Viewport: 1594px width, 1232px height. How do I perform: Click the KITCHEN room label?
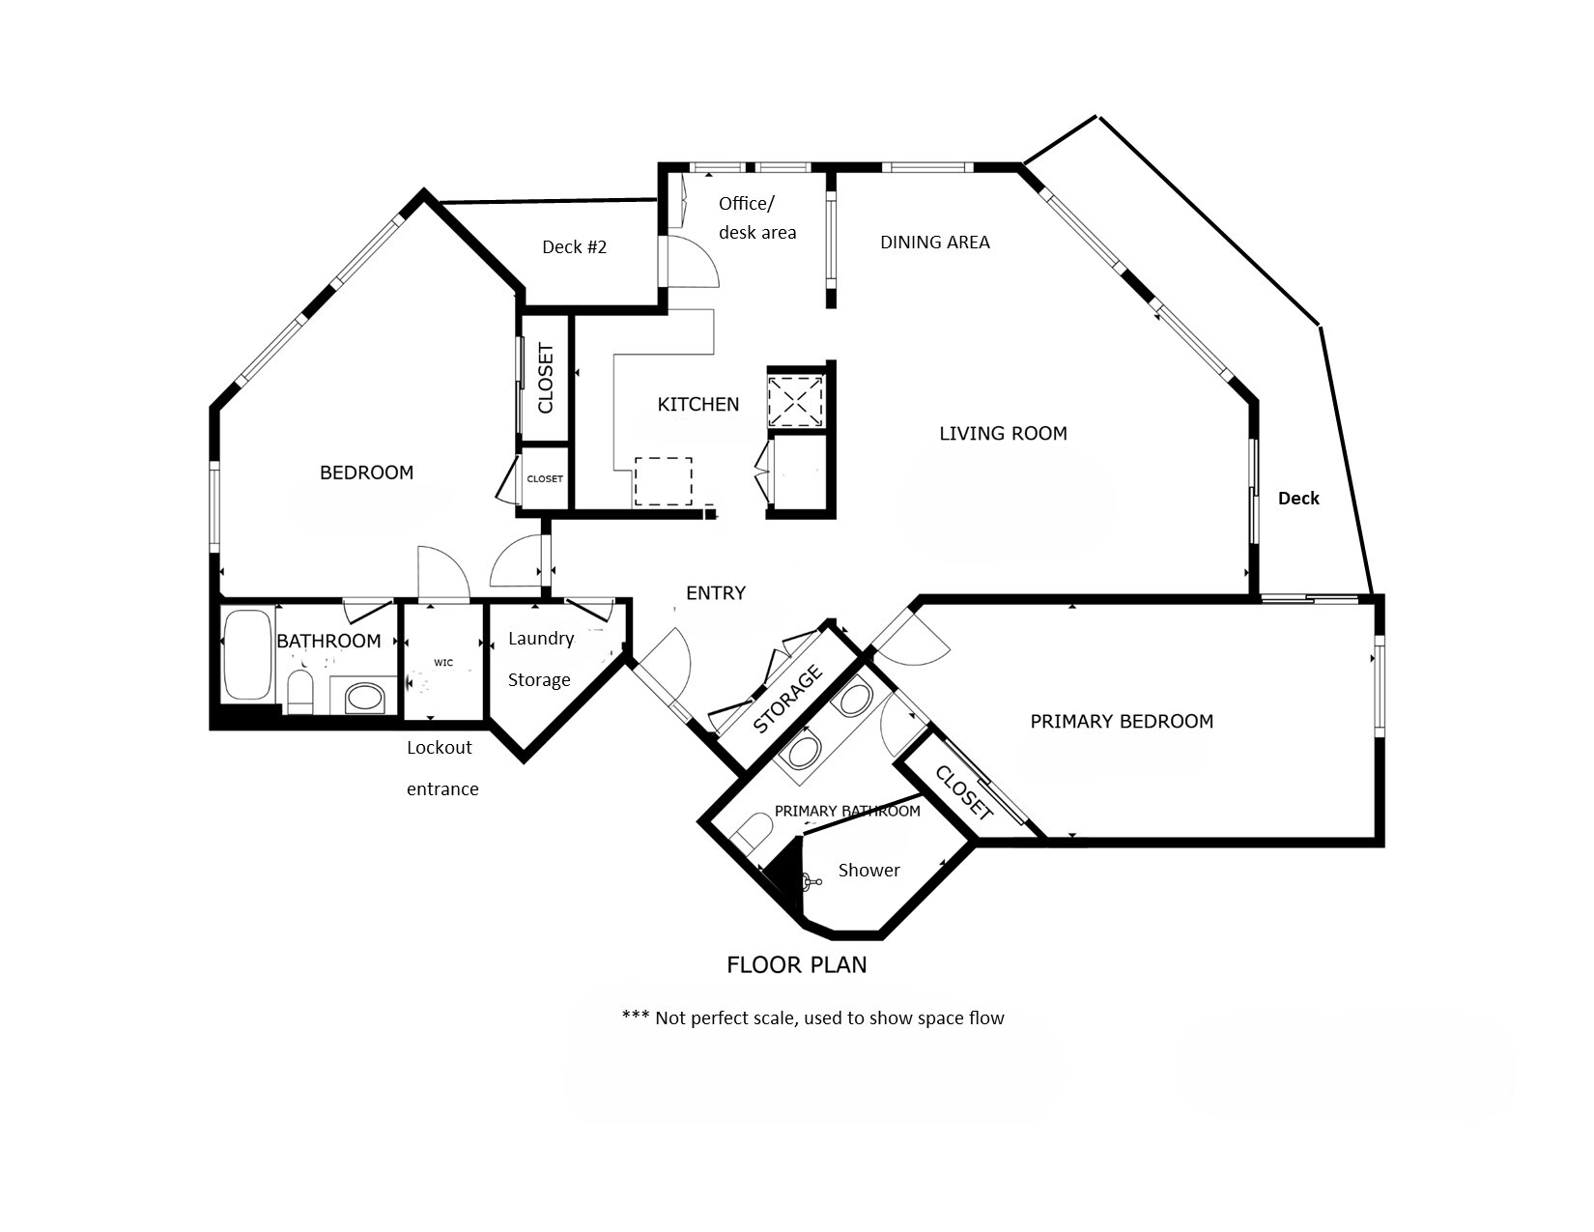pyautogui.click(x=697, y=404)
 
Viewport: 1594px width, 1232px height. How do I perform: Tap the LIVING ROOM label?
pyautogui.click(x=1003, y=434)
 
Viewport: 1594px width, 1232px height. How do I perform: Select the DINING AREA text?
pyautogui.click(x=934, y=243)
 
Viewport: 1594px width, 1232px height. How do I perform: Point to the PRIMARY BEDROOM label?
pyautogui.click(x=1121, y=721)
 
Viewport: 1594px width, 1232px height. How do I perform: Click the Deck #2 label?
pyautogui.click(x=574, y=247)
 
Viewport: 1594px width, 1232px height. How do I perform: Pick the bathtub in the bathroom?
pyautogui.click(x=247, y=654)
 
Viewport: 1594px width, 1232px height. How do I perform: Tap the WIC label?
pyautogui.click(x=443, y=663)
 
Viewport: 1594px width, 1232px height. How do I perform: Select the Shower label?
pyautogui.click(x=868, y=871)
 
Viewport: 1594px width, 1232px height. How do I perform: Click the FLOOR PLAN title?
pyautogui.click(x=796, y=964)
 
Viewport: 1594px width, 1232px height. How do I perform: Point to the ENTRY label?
pyautogui.click(x=715, y=593)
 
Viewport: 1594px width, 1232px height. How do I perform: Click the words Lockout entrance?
pyautogui.click(x=441, y=768)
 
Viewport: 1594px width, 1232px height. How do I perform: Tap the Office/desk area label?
pyautogui.click(x=756, y=217)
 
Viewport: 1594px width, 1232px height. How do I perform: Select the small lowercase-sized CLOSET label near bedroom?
pyautogui.click(x=545, y=479)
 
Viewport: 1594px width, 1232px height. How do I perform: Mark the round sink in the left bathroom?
pyautogui.click(x=364, y=697)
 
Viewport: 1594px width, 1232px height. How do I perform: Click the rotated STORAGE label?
pyautogui.click(x=787, y=700)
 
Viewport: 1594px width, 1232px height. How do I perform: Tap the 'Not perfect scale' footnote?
pyautogui.click(x=812, y=1017)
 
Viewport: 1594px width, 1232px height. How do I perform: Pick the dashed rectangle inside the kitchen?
pyautogui.click(x=663, y=481)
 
